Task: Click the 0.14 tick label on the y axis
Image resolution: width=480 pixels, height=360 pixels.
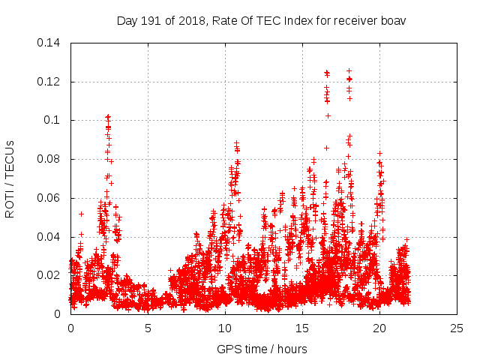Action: coord(50,43)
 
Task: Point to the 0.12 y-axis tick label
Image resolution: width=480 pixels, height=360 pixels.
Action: coord(50,82)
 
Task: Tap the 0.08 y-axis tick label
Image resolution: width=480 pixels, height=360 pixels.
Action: coord(50,159)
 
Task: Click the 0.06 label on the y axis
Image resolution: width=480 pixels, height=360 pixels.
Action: coord(50,198)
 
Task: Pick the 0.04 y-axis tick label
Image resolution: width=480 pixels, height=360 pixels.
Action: coord(50,237)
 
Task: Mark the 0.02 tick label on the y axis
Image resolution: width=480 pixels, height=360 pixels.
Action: coord(50,275)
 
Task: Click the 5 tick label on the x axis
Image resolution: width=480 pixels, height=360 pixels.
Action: coord(148,328)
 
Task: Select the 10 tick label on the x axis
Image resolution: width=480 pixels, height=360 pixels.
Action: coord(225,328)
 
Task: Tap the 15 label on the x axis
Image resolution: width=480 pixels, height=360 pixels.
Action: coord(302,328)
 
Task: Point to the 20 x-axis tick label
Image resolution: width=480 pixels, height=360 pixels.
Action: coord(379,328)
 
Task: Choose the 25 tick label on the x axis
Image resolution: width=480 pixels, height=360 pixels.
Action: coord(457,328)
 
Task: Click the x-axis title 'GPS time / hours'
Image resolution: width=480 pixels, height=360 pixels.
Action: coord(263,348)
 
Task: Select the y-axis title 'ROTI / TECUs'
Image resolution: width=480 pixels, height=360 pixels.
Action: coord(10,178)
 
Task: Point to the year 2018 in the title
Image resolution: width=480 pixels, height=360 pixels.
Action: coord(187,20)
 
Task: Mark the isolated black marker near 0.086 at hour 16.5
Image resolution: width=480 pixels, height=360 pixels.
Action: coord(326,148)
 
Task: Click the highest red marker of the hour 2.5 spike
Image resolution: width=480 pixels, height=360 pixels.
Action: coord(108,116)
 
